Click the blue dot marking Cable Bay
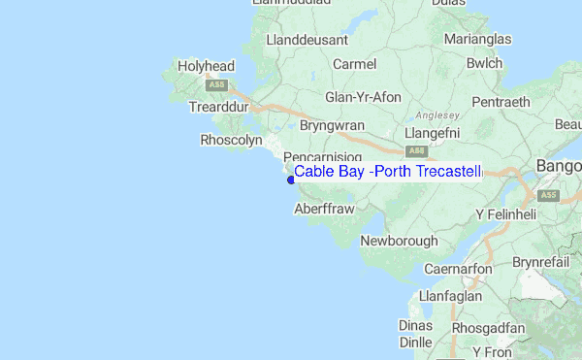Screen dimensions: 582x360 coord(290,179)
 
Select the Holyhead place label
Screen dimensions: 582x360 coord(207,67)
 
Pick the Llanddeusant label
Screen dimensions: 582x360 coord(305,41)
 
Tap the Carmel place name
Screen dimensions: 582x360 coord(353,64)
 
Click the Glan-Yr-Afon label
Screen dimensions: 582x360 coord(363,97)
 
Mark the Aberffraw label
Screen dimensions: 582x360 coord(323,209)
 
